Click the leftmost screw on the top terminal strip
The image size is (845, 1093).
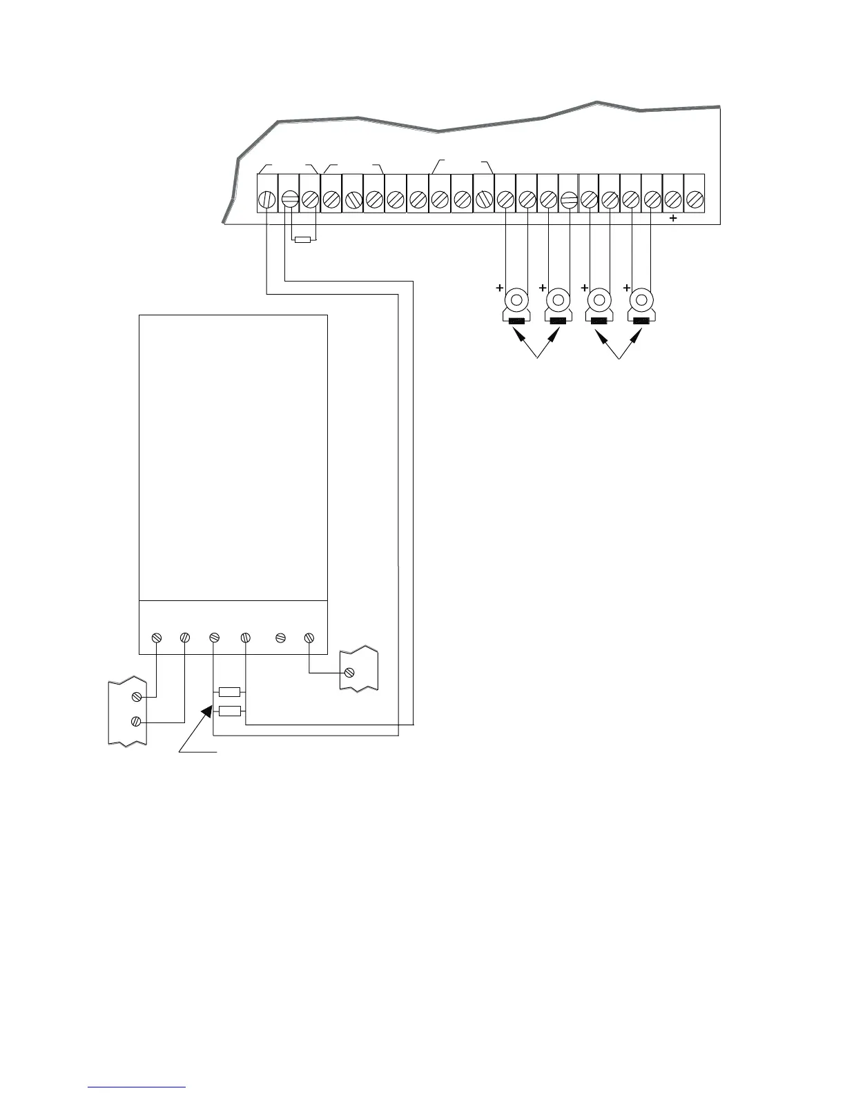tap(267, 199)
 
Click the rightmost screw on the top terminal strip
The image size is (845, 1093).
tap(694, 199)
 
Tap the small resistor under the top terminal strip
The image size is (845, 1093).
tap(302, 240)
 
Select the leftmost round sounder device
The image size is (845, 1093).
tap(515, 302)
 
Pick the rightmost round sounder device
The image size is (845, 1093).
tap(642, 302)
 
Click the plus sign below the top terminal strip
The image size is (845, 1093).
tap(674, 218)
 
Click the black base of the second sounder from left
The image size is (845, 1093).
tap(558, 320)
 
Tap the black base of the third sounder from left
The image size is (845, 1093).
tap(599, 320)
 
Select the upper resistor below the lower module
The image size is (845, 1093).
tap(229, 692)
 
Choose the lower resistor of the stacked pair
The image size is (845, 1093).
tap(229, 711)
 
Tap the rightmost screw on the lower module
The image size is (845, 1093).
tap(309, 638)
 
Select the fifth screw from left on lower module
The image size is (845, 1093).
tap(280, 638)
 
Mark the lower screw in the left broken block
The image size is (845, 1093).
tap(137, 722)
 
